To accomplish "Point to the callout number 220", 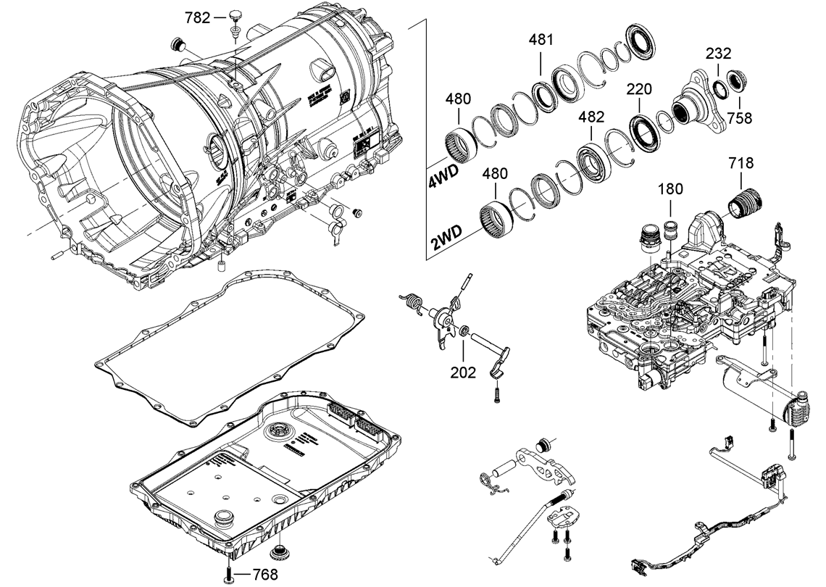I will click(x=639, y=90).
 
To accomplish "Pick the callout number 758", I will click(x=740, y=117).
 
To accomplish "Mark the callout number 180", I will click(x=670, y=190).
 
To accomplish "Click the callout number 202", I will click(x=463, y=372).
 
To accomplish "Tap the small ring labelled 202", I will click(x=461, y=331).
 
